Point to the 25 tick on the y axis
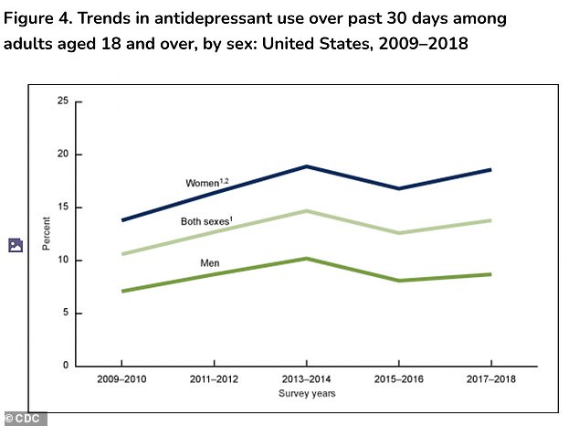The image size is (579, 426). coord(63,101)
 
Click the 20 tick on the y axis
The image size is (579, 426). coord(63,154)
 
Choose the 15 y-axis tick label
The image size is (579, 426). coord(63,208)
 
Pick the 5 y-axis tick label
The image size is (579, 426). coord(66,314)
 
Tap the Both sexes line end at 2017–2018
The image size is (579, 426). coord(492,220)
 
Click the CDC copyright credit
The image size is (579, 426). coord(24,418)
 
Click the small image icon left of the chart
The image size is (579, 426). coord(15,245)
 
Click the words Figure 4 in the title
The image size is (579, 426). coord(37,18)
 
